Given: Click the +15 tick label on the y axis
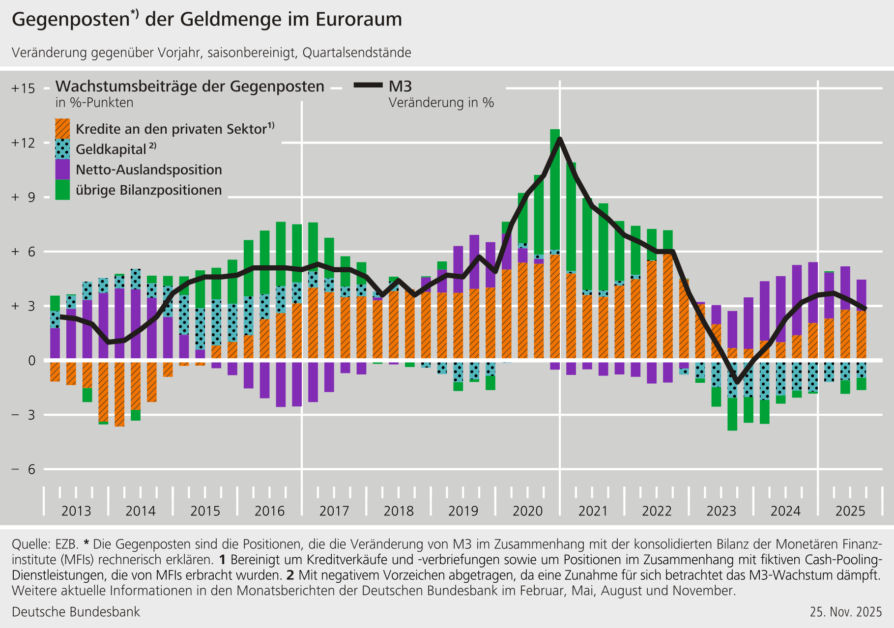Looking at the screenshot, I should point(24,88).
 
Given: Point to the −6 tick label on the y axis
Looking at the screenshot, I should point(24,469).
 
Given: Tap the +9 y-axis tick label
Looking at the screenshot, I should point(24,198).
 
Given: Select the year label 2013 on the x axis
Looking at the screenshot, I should point(76,511).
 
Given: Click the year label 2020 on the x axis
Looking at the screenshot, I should point(527,511).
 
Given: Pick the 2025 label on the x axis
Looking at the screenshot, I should point(850,511).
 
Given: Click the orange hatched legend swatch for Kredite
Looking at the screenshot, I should point(62,129).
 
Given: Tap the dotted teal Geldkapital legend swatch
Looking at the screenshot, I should point(62,149).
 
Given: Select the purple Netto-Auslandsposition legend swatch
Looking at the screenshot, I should point(62,170).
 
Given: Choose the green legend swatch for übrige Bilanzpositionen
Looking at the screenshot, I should point(62,190).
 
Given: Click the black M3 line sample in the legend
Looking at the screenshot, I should point(368,86).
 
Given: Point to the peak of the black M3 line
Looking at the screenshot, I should point(560,139).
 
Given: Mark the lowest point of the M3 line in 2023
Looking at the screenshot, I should point(737,382).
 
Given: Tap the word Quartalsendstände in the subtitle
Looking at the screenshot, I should point(357,53).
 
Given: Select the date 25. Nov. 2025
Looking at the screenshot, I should point(846,612).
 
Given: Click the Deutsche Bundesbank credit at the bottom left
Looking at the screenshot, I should point(76,612).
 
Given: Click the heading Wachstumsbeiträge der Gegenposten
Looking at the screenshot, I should point(190,86).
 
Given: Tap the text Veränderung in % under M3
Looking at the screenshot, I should point(441,103).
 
